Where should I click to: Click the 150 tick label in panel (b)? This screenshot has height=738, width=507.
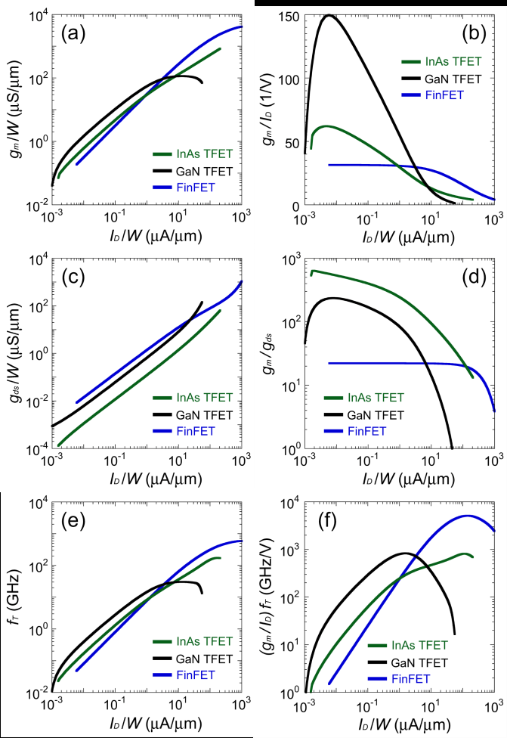289,16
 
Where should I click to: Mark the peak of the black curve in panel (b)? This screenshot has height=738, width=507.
329,14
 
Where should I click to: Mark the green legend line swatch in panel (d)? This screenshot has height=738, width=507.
336,398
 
